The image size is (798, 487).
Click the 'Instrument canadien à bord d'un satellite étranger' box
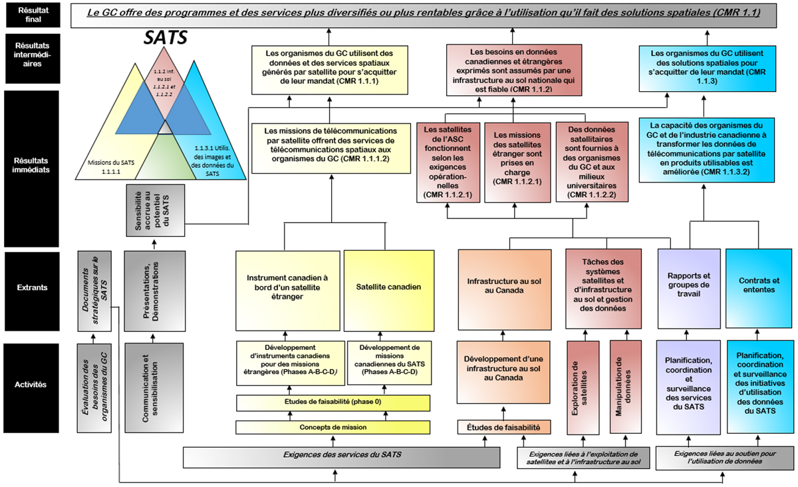tap(289, 288)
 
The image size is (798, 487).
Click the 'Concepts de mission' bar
tap(331, 427)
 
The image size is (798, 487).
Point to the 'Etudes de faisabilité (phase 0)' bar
tap(331, 402)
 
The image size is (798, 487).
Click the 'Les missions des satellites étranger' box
tap(517, 162)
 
